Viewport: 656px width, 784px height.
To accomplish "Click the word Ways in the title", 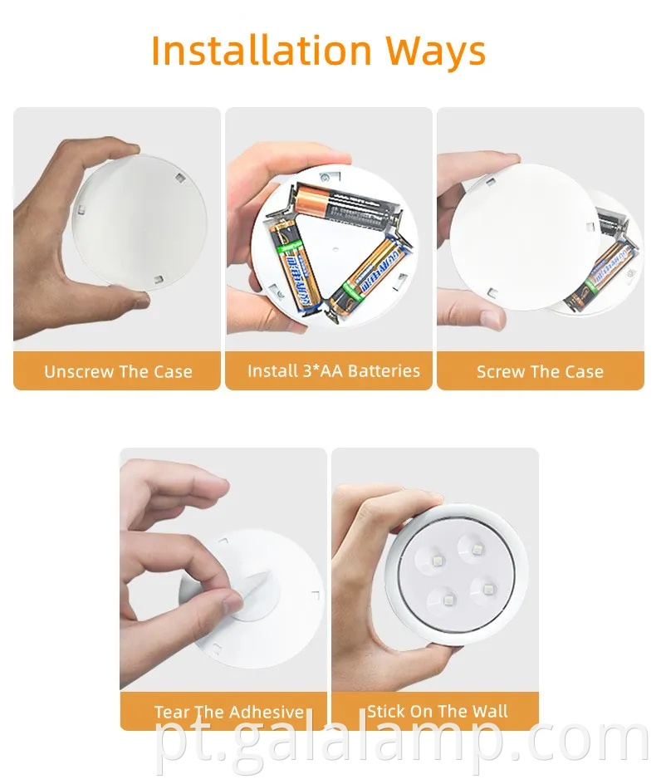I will click(435, 51).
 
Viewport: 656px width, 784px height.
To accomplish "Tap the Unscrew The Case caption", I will click(118, 371).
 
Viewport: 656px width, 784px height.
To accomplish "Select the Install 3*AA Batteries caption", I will click(333, 370).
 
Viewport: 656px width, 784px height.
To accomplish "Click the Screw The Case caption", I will click(540, 371).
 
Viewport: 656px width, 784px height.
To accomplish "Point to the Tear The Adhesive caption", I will click(228, 712).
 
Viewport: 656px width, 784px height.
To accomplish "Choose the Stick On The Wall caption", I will click(438, 711).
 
